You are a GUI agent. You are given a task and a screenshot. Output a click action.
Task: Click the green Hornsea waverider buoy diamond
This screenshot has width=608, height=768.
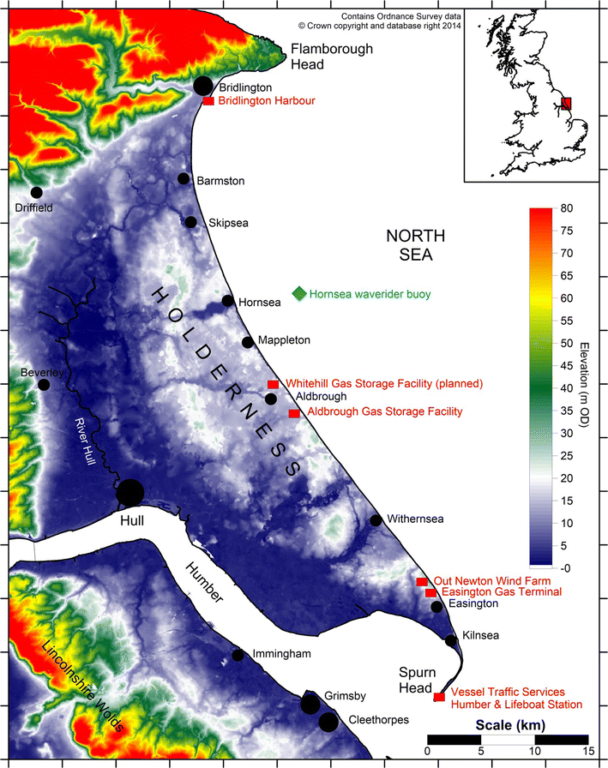click(x=298, y=294)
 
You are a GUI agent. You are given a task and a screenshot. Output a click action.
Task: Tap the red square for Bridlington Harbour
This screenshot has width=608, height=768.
click(x=208, y=101)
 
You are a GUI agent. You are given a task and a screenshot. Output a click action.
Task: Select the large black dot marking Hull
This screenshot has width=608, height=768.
click(x=130, y=493)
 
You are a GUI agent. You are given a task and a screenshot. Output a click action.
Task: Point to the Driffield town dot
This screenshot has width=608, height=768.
click(x=36, y=192)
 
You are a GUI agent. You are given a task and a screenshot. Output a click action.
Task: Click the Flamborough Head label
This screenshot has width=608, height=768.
click(x=332, y=57)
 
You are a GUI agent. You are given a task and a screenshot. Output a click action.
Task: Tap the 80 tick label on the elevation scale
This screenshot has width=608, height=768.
click(x=566, y=208)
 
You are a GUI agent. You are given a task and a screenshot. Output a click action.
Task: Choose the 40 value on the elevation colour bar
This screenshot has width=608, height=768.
click(x=566, y=388)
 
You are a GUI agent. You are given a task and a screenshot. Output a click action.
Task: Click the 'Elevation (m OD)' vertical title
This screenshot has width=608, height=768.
click(x=585, y=388)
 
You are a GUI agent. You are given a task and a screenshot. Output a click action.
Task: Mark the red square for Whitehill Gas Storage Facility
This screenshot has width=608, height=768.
click(x=273, y=384)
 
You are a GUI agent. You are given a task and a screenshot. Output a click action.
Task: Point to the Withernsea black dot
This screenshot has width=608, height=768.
click(x=376, y=520)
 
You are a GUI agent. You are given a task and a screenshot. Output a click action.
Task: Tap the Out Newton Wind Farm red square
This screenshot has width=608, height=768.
click(x=421, y=582)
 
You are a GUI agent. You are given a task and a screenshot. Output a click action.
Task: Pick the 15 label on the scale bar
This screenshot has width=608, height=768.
click(x=587, y=753)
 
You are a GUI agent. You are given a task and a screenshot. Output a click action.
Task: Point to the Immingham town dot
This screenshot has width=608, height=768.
click(x=238, y=656)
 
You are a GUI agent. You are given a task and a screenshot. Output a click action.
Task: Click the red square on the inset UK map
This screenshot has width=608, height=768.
click(x=566, y=104)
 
